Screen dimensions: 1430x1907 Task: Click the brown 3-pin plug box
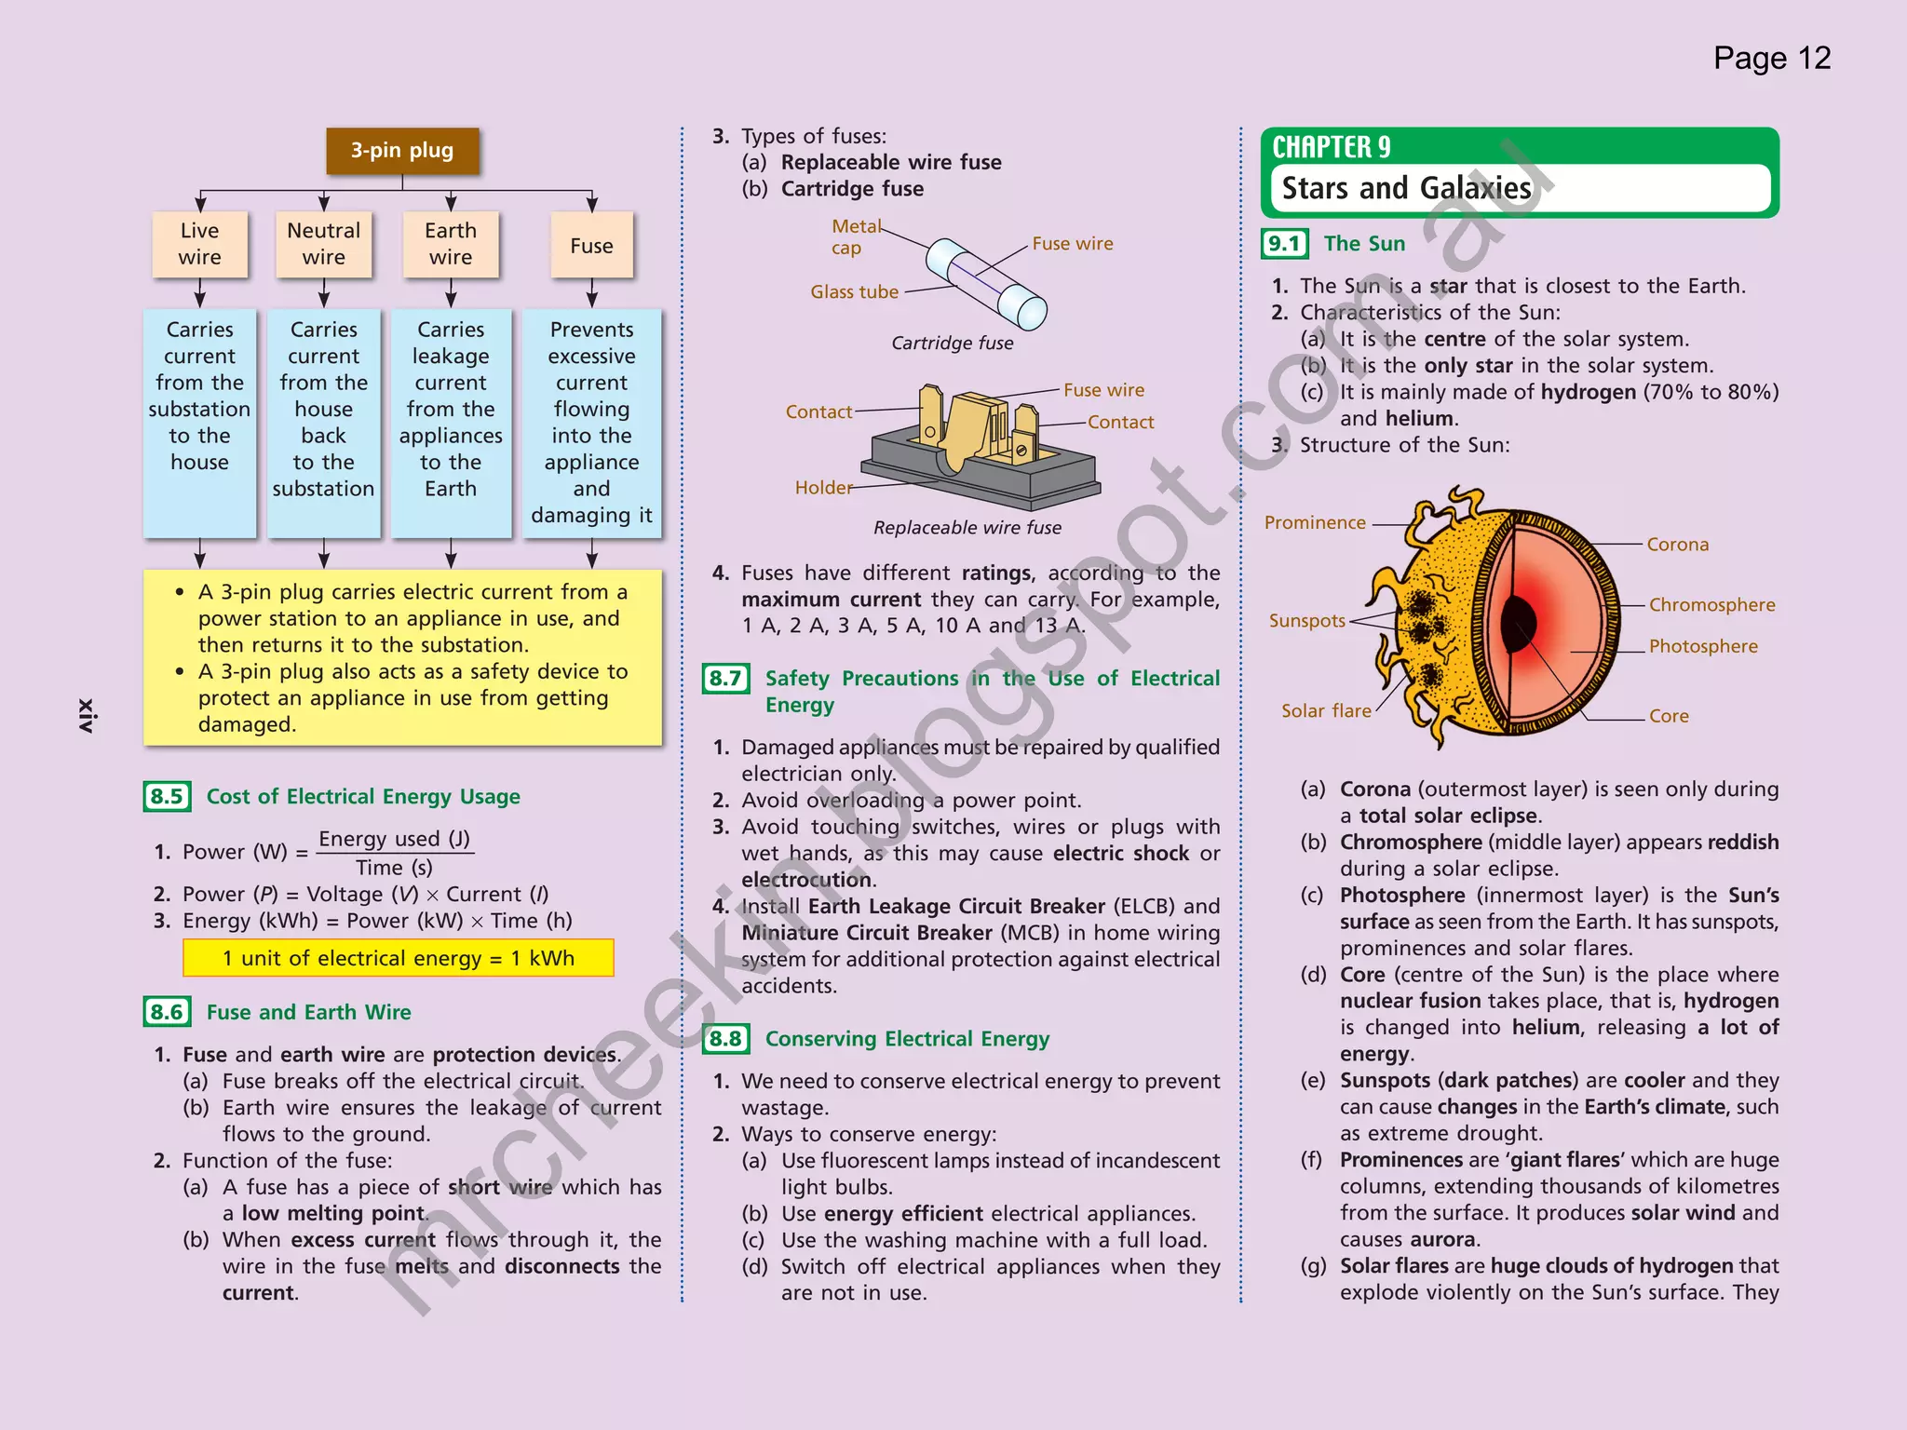pyautogui.click(x=402, y=151)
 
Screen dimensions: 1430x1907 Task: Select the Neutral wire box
pyautogui.click(x=323, y=244)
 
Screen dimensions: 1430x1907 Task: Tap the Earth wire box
pyautogui.click(x=451, y=244)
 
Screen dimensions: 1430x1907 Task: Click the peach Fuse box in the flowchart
pyautogui.click(x=591, y=246)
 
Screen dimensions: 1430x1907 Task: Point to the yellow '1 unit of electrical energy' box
pyautogui.click(x=399, y=958)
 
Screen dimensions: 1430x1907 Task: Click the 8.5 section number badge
pyautogui.click(x=167, y=796)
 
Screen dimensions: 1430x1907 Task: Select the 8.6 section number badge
pyautogui.click(x=167, y=1012)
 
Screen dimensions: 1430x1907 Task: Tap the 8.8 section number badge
pyautogui.click(x=725, y=1038)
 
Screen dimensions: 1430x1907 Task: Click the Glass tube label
pyautogui.click(x=854, y=292)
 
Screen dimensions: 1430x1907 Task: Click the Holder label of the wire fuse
pyautogui.click(x=823, y=488)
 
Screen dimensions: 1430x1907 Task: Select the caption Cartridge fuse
pyautogui.click(x=952, y=344)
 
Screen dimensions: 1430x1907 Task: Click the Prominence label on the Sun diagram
pyautogui.click(x=1314, y=523)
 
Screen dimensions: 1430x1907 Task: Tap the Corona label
pyautogui.click(x=1677, y=545)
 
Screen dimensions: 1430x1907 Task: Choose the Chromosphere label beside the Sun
pyautogui.click(x=1711, y=605)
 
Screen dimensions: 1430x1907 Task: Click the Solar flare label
pyautogui.click(x=1326, y=711)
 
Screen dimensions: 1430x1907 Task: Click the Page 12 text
pyautogui.click(x=1771, y=59)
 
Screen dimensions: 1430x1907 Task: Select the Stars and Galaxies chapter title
pyautogui.click(x=1406, y=188)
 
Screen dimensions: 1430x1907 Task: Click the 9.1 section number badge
pyautogui.click(x=1284, y=244)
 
